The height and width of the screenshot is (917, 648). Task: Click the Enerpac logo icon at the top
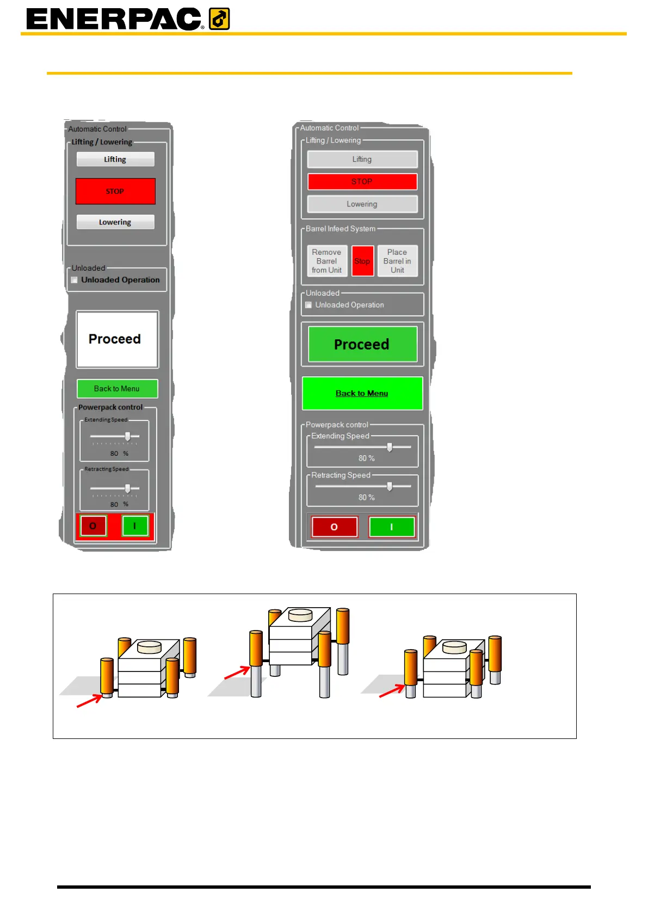point(219,19)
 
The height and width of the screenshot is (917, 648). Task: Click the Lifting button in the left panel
point(115,159)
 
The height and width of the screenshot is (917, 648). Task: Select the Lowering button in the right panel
point(362,204)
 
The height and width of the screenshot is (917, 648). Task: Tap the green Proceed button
point(362,344)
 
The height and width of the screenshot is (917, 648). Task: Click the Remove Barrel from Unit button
point(327,261)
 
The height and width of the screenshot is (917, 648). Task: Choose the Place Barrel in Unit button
point(397,261)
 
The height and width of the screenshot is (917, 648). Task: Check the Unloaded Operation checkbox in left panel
point(75,280)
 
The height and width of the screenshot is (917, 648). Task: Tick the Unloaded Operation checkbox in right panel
point(308,305)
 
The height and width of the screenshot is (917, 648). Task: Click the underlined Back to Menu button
point(362,393)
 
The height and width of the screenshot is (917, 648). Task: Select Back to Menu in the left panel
point(117,389)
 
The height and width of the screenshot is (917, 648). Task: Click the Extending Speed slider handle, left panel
point(128,436)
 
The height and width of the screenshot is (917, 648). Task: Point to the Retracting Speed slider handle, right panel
point(390,486)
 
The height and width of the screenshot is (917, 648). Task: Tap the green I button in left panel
point(135,526)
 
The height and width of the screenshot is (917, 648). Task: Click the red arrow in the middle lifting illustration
point(237,674)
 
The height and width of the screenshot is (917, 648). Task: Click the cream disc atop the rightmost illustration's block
point(454,647)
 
